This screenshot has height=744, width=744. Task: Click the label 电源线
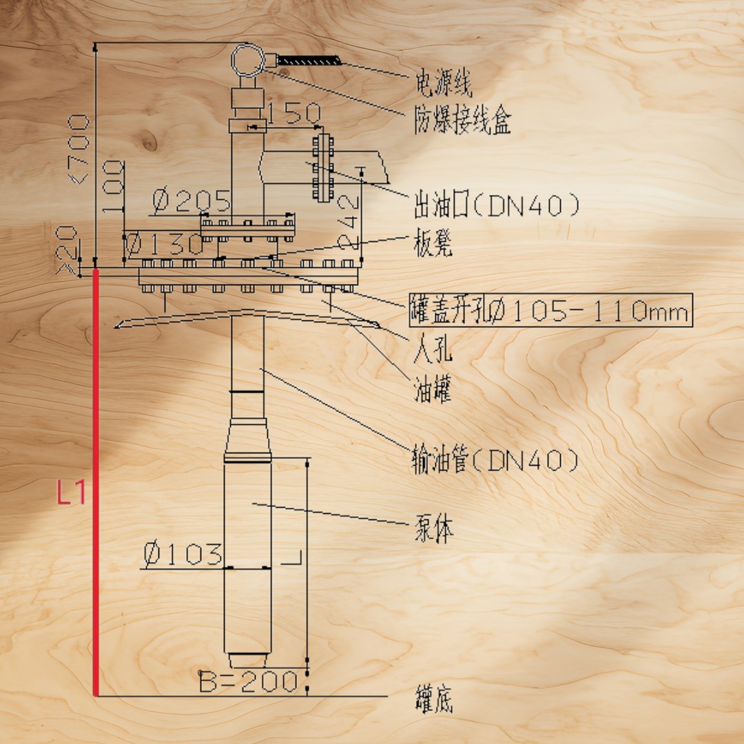(444, 83)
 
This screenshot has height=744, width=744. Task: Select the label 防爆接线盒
(463, 119)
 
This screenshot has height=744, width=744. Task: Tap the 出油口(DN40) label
(496, 205)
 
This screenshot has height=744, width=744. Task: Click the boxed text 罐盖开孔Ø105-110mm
(550, 311)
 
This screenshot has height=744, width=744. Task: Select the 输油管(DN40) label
(495, 459)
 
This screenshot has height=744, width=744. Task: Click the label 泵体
(434, 528)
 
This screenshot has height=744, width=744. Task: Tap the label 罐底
(434, 699)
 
